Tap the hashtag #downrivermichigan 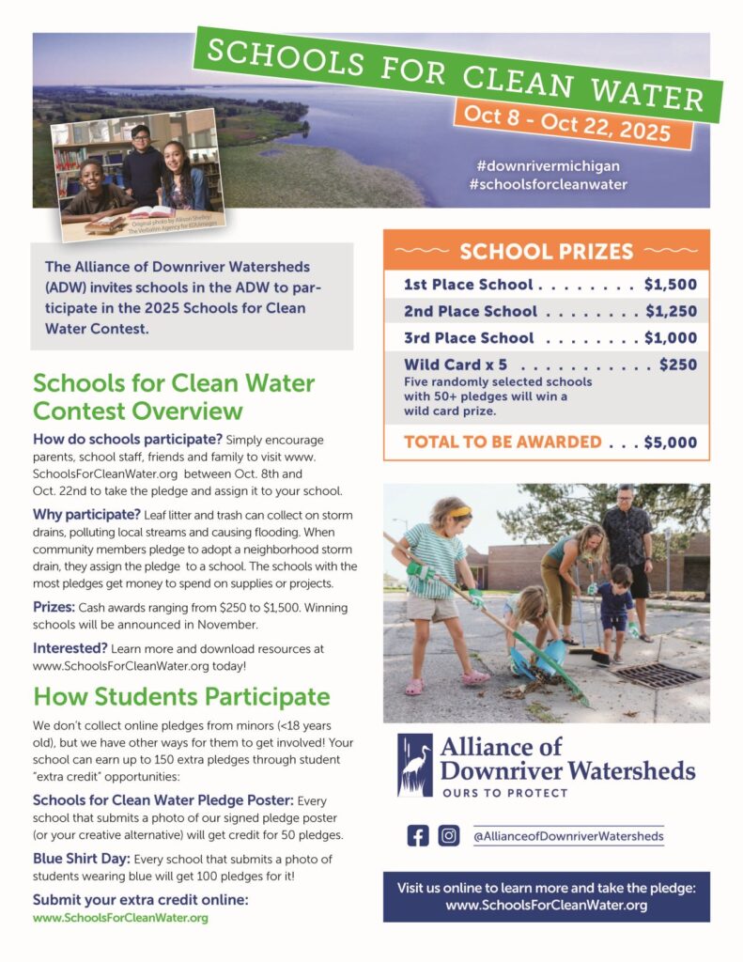click(x=549, y=165)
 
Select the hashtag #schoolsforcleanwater click(x=549, y=184)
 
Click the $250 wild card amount click(x=677, y=365)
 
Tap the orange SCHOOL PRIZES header click(x=546, y=252)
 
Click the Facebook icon click(x=418, y=835)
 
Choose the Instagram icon click(x=449, y=835)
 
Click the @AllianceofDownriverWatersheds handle click(x=568, y=835)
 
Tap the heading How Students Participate click(x=181, y=696)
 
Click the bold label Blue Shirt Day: click(x=78, y=859)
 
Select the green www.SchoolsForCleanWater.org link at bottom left click(x=120, y=918)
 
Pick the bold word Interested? click(x=70, y=648)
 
